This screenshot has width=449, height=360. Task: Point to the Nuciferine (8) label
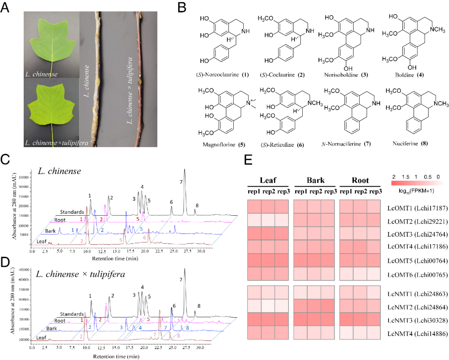(409, 144)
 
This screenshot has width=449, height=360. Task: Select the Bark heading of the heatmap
(314, 181)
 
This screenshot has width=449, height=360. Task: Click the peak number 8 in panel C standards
(197, 206)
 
